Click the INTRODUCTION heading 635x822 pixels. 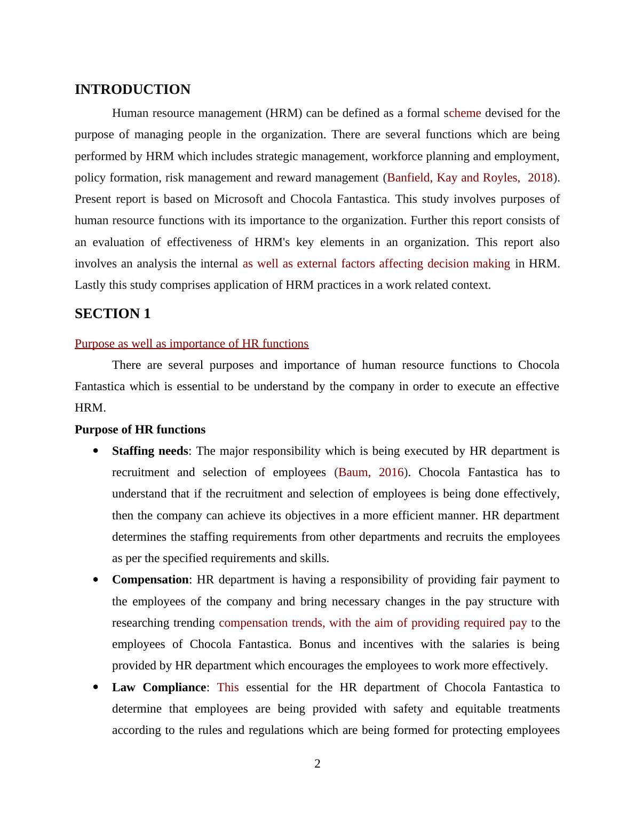[132, 90]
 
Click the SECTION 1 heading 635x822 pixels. [113, 314]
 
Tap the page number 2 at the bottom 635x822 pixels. [317, 764]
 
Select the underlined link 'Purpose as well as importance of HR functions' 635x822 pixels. [192, 344]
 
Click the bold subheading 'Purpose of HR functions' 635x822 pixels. [140, 430]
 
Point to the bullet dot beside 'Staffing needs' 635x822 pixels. [96, 451]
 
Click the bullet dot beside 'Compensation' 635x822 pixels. [96, 580]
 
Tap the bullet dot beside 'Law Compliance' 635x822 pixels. [96, 687]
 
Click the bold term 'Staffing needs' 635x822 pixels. [150, 451]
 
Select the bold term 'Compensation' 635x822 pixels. [150, 580]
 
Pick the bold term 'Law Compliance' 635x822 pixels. [158, 687]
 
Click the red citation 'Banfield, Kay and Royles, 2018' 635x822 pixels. [470, 178]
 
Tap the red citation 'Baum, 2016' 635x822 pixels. [371, 472]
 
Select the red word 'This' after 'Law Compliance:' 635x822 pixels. [228, 687]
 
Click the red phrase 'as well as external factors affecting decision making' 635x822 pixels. [376, 264]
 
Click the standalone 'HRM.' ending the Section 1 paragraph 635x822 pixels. [90, 408]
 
